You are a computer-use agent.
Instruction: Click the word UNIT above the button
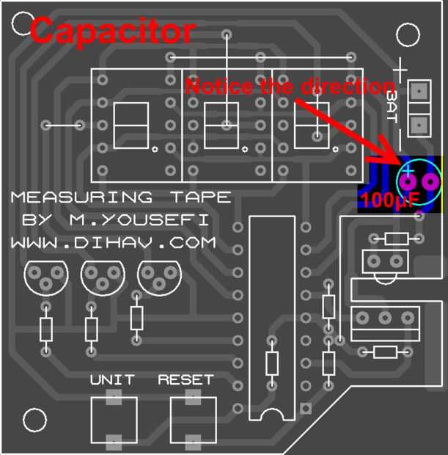click(112, 380)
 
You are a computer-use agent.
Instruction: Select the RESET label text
click(186, 380)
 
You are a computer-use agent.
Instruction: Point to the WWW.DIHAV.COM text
click(113, 241)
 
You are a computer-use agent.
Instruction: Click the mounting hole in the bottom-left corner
click(34, 421)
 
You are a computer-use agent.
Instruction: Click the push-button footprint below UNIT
click(114, 420)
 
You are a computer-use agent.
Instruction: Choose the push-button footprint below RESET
click(193, 420)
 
